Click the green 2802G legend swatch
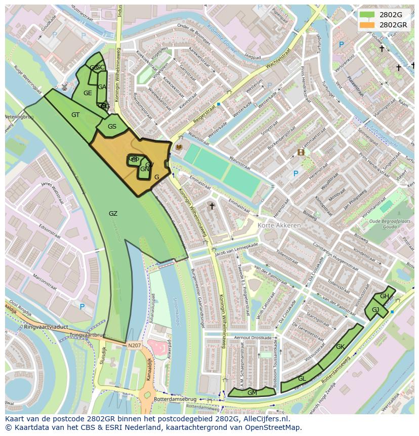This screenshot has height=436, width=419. pos(367,14)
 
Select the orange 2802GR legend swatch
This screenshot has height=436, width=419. pos(367,24)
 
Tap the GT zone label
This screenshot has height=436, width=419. pos(75,115)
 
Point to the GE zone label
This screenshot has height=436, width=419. pos(88,93)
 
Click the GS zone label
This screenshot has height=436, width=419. pos(112,127)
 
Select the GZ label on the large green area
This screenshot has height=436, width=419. pos(113,214)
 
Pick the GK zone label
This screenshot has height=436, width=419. pos(340,347)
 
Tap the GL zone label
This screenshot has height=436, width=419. pos(302,379)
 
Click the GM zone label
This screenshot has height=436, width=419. pos(252,392)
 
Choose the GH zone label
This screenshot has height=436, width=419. pos(385,296)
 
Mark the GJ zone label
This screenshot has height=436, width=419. pos(375,310)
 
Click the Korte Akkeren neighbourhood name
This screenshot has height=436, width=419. pos(279,225)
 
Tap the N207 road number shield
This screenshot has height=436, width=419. pos(134,346)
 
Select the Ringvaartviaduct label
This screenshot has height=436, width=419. pos(46,327)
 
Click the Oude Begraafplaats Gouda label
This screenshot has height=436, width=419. pos(389,224)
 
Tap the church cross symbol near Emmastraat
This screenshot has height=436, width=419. pos(212,206)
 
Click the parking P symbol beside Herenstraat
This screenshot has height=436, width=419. pos(296,174)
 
